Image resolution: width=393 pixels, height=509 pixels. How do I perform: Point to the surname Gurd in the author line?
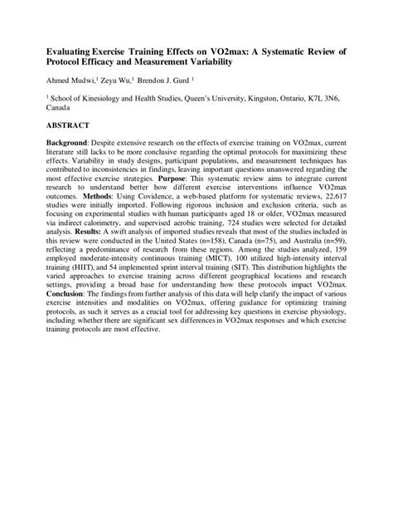(180, 81)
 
